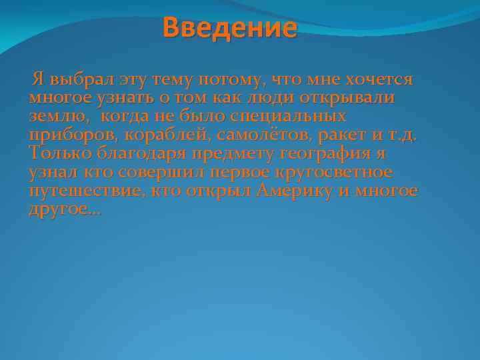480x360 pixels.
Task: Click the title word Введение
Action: coord(229,28)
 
